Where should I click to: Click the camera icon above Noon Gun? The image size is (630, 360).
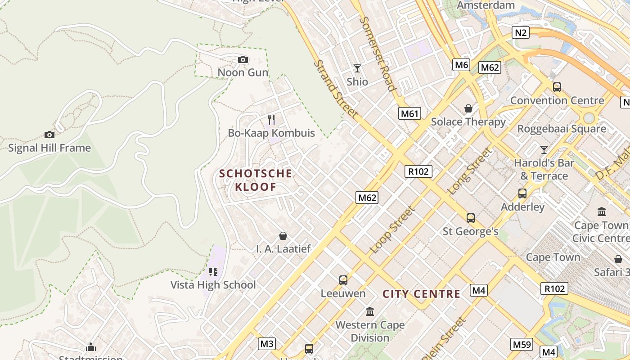tap(243, 59)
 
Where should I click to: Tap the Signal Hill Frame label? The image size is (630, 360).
tap(49, 148)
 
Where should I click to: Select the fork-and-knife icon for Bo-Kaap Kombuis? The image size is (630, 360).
tap(271, 119)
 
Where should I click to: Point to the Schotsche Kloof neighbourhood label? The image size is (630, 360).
tap(256, 180)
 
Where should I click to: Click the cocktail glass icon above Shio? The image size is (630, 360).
tap(357, 68)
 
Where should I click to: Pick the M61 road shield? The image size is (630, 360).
tap(409, 113)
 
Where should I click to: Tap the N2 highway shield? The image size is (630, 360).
tap(521, 32)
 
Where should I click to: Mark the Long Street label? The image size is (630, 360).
tap(469, 171)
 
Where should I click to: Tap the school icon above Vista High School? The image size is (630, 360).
tap(213, 272)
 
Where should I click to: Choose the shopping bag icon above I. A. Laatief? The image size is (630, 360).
tap(283, 236)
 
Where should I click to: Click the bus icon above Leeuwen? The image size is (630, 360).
tap(343, 280)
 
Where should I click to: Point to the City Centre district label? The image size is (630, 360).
tap(421, 294)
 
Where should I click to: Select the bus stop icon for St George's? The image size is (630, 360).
tap(471, 218)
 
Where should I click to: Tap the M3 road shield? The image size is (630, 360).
tap(267, 344)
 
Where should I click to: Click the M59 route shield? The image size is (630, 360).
tap(522, 345)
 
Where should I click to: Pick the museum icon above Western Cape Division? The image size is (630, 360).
tap(370, 311)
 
